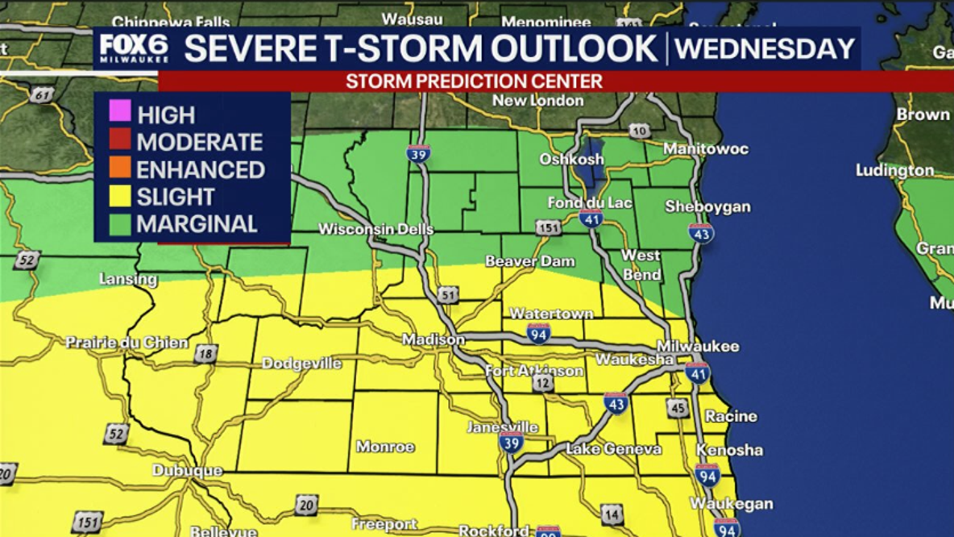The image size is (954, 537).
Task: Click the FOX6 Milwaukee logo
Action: tap(134, 48)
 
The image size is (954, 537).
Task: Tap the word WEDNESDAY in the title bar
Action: tap(765, 48)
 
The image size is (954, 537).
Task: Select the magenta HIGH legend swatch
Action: tap(120, 114)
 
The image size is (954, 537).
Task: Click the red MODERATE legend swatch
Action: tap(120, 141)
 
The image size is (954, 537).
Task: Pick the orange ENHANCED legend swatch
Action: tap(120, 169)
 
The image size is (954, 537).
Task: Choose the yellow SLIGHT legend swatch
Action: tap(120, 196)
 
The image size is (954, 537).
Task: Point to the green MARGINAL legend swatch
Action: tap(120, 223)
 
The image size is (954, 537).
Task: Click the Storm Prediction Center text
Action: tap(474, 81)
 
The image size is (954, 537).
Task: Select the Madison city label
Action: tap(433, 339)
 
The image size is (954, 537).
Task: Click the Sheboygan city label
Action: tap(707, 207)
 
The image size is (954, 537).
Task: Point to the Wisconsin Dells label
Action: tap(375, 229)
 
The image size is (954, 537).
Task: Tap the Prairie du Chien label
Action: tap(127, 343)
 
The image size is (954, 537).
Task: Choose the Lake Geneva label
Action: tap(613, 449)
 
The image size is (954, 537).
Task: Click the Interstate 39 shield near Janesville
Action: tap(511, 442)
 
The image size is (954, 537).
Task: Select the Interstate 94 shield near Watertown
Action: tap(539, 333)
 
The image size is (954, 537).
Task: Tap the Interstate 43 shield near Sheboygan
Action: tap(701, 234)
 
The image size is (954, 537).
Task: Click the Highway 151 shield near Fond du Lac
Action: tap(549, 228)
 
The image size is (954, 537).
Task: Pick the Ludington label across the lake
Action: tap(894, 171)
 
